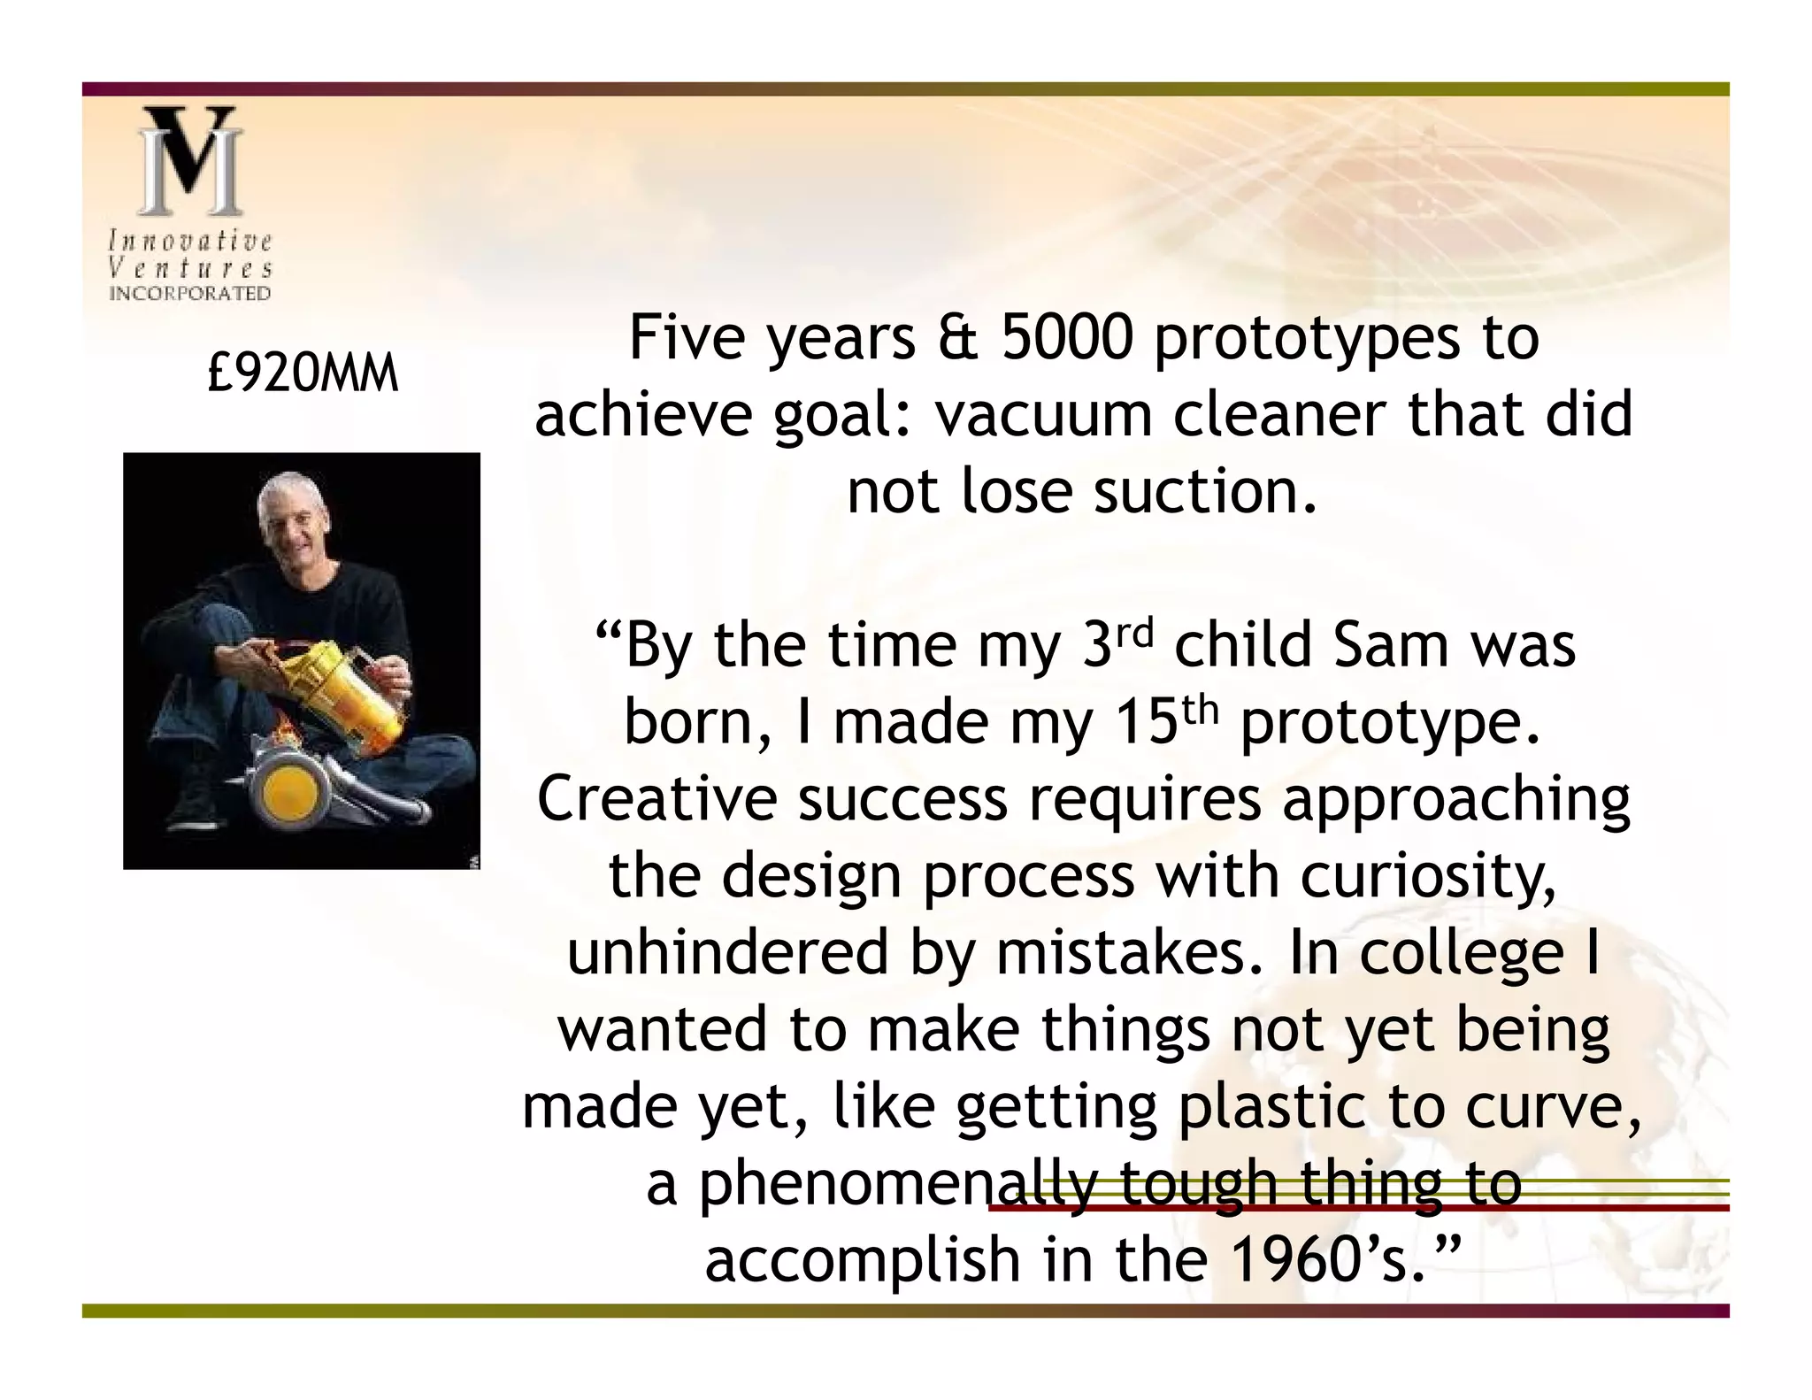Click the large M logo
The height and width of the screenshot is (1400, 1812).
[189, 161]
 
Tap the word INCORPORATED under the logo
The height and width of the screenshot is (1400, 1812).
[189, 294]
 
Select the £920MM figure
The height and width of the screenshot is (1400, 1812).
[303, 373]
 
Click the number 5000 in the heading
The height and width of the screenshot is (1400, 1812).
[1067, 338]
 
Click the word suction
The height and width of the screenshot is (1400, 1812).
[1205, 492]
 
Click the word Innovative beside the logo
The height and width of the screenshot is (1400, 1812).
[189, 241]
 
